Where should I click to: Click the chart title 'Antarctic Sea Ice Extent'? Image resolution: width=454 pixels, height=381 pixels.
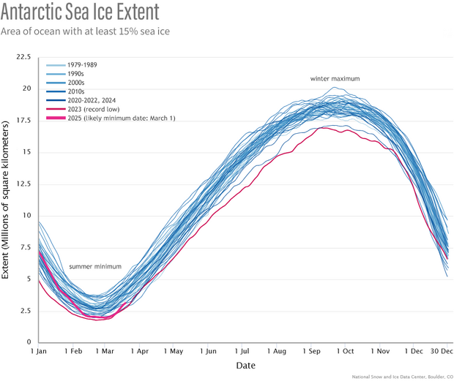click(x=91, y=14)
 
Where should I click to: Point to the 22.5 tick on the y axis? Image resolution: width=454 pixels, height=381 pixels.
click(x=23, y=56)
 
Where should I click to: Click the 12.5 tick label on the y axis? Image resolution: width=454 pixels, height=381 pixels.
click(x=23, y=184)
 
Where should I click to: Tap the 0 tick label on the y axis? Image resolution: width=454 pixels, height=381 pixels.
click(x=29, y=342)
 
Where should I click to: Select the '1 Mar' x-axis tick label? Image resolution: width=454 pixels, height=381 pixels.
click(x=103, y=352)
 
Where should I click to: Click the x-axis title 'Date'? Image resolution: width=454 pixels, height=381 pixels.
click(x=245, y=364)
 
